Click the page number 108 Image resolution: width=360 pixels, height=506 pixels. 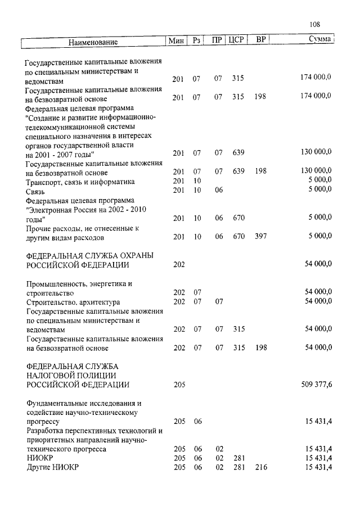click(x=315, y=24)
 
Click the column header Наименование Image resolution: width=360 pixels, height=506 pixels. click(x=93, y=42)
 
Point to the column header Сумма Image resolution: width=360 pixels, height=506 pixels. click(x=319, y=40)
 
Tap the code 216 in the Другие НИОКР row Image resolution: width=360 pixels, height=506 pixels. click(x=260, y=467)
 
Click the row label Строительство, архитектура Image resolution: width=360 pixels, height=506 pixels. click(x=73, y=302)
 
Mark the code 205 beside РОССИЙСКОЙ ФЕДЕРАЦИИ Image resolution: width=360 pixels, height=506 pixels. click(x=179, y=385)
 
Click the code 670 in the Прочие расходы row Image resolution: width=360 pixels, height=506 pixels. click(x=238, y=237)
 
